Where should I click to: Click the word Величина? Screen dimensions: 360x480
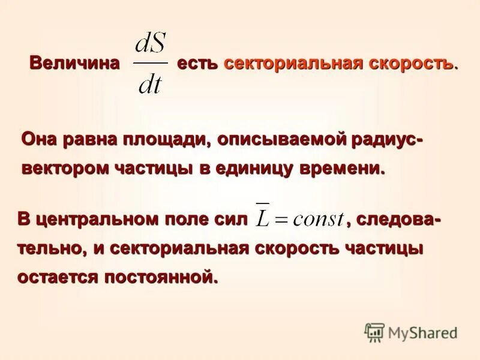[x=74, y=64]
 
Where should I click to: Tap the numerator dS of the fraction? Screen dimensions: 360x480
[x=151, y=45]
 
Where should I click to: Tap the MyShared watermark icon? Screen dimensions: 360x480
[x=374, y=332]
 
